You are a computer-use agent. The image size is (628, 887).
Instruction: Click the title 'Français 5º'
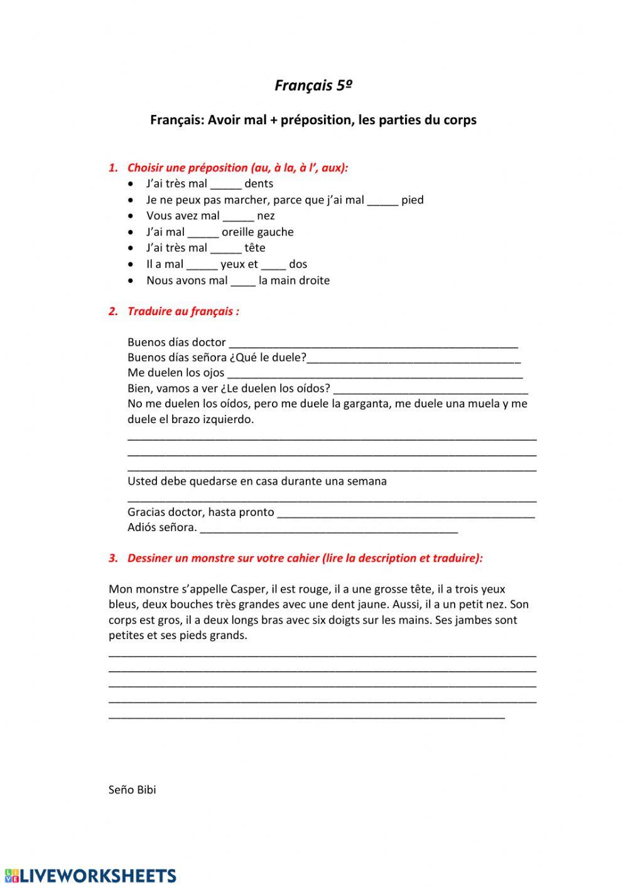[313, 85]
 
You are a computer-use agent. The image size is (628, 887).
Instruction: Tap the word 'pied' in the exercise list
[412, 200]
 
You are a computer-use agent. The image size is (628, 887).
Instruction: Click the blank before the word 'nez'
[238, 217]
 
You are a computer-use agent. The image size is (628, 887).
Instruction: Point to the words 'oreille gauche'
[257, 232]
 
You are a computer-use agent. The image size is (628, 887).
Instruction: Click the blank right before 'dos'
[273, 265]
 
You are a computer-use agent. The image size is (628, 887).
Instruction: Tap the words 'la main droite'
[294, 281]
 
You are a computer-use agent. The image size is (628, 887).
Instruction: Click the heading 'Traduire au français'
[183, 311]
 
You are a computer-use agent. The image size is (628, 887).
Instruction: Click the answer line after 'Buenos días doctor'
[373, 343]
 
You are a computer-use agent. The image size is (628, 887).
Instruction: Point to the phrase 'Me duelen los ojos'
[176, 373]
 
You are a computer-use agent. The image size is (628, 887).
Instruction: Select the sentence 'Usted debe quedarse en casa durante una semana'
[257, 481]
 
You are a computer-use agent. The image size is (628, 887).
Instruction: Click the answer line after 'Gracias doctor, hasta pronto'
[406, 513]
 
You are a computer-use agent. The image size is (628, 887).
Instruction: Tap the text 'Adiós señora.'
[162, 527]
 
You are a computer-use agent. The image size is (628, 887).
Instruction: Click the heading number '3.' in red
[113, 558]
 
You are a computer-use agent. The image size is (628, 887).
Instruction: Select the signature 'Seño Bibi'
[132, 790]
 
